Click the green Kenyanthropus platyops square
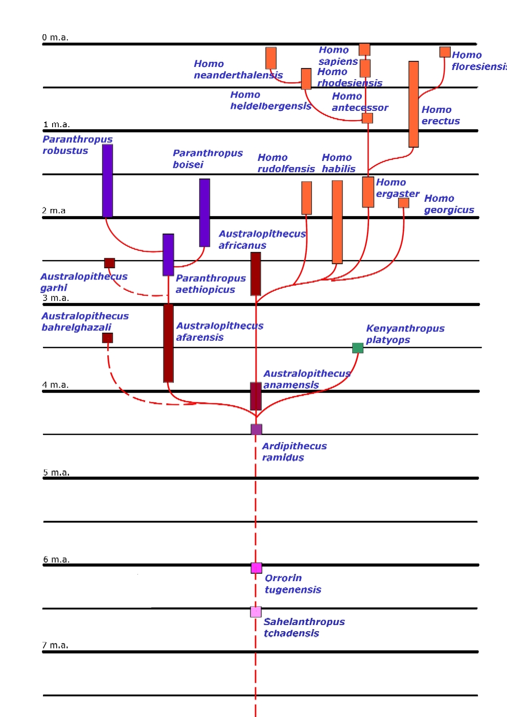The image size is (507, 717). (x=358, y=348)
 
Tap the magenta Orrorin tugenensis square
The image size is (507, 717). (x=257, y=568)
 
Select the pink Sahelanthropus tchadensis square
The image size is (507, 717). (x=256, y=612)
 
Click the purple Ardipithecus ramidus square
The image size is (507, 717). (x=257, y=429)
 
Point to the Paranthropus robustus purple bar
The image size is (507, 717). (x=107, y=181)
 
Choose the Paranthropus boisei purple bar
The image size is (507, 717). (x=204, y=213)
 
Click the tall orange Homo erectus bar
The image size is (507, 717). (x=413, y=104)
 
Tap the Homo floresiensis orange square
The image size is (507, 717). (x=445, y=52)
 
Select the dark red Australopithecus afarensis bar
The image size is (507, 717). (x=168, y=343)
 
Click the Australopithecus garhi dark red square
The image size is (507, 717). (x=109, y=263)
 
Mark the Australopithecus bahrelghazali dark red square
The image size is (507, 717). (x=107, y=338)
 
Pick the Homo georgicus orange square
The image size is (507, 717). (x=404, y=203)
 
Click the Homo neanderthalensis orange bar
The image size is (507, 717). (x=271, y=58)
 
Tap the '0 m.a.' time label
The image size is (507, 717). (x=55, y=37)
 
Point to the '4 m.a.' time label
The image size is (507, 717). (x=55, y=385)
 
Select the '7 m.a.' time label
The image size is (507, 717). (x=55, y=645)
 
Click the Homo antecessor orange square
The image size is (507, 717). (x=367, y=119)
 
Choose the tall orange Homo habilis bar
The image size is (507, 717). (x=337, y=222)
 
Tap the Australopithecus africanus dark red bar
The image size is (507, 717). (x=256, y=274)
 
